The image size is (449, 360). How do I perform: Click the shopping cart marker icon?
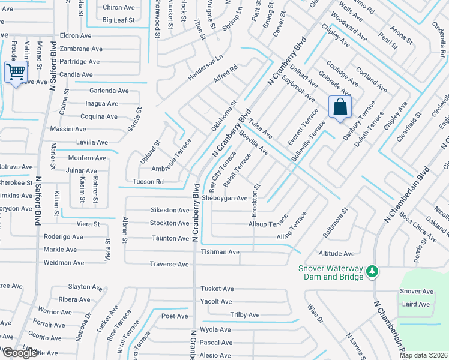16,73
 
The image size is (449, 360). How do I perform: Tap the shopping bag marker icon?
340,107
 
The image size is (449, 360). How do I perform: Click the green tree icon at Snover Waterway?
372,272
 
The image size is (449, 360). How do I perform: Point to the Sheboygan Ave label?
224,198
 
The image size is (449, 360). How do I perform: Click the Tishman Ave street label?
220,252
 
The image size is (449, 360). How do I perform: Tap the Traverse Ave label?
169,264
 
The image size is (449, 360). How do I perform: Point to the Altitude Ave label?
336,254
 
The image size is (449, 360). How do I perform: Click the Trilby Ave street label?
245,315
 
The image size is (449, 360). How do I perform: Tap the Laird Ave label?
415,304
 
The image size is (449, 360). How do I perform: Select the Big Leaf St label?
119,20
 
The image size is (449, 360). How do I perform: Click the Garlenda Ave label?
109,91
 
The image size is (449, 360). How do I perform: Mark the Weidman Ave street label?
64,263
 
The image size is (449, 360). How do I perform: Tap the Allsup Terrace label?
268,224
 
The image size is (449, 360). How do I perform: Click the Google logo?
20,353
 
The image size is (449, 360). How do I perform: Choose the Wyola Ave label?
215,329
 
